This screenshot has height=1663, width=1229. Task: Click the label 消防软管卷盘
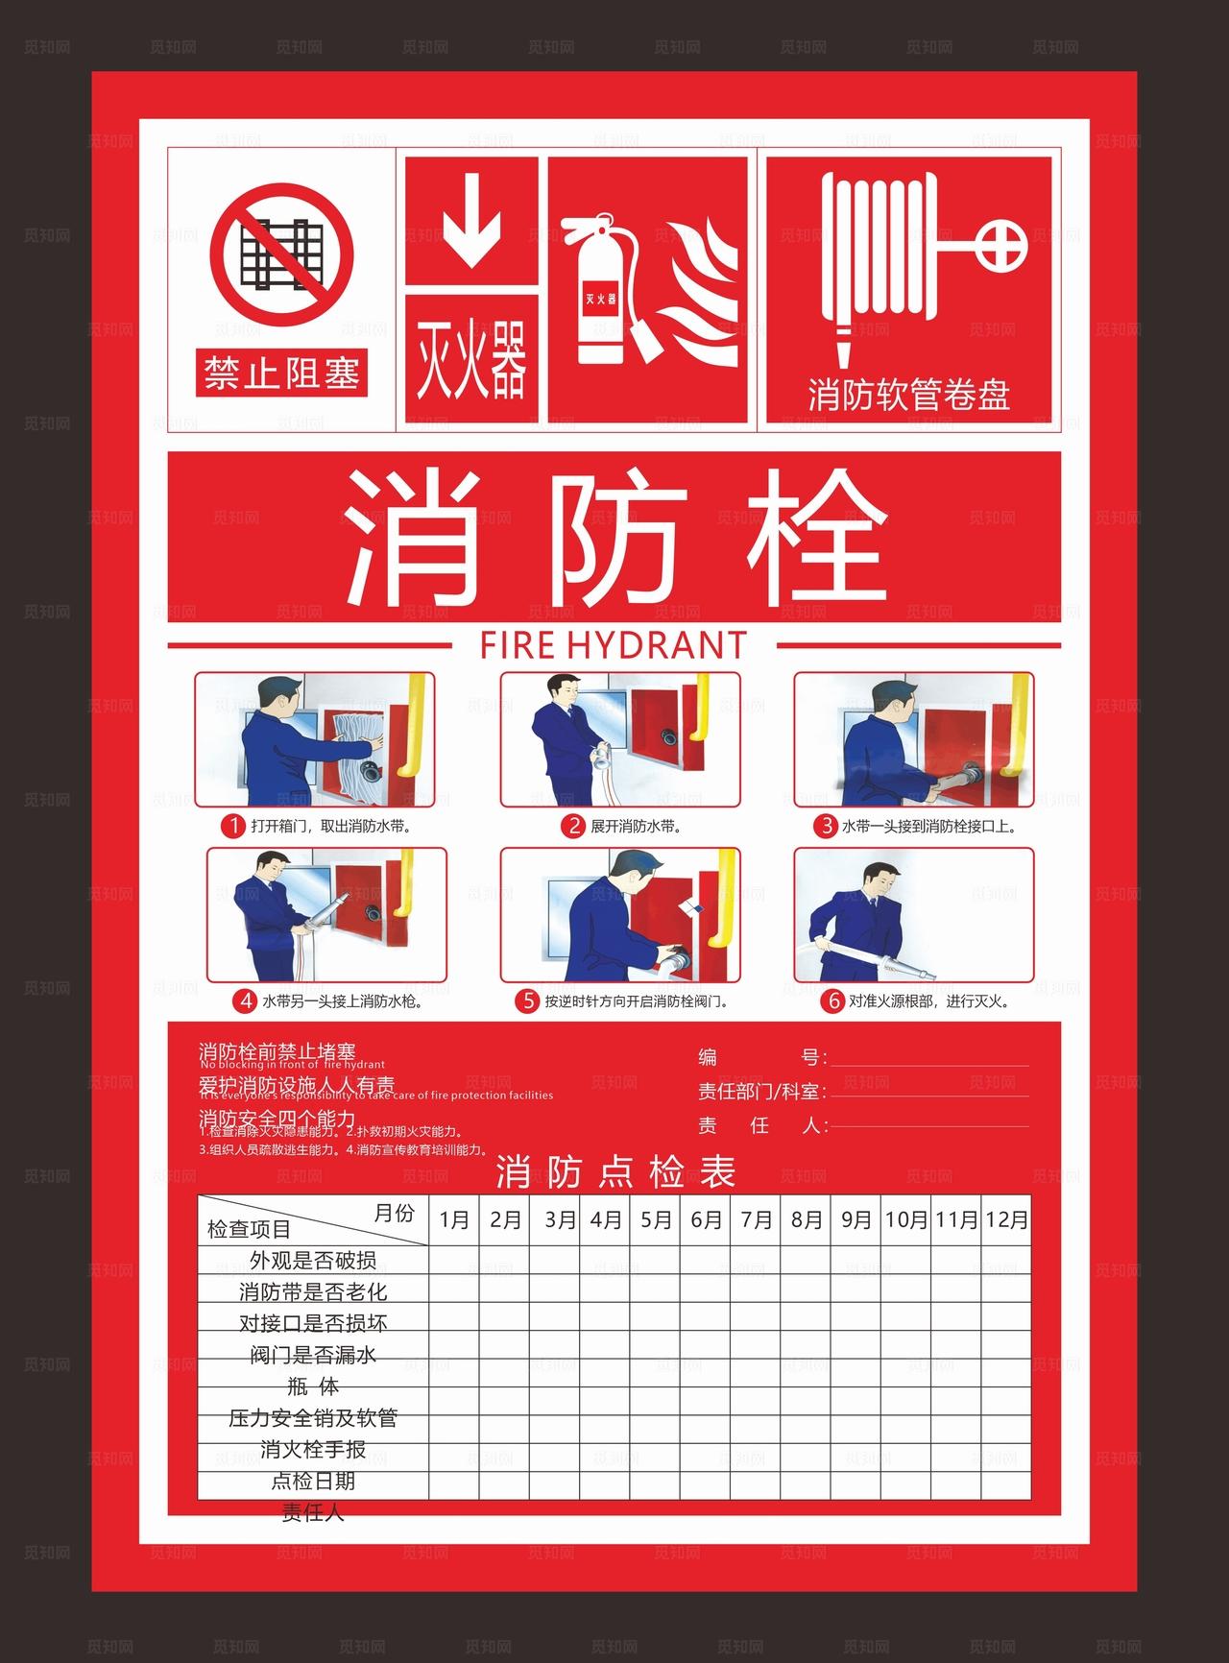908,395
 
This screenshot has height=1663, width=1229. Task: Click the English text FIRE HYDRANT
614,645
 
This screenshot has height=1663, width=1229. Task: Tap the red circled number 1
232,826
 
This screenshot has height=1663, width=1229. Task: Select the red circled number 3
825,826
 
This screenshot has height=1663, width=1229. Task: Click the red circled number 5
527,1001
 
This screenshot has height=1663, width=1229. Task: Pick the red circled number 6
831,1001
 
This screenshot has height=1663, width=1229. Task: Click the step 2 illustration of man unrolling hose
620,739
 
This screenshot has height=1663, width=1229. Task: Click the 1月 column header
454,1219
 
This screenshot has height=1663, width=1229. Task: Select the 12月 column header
1006,1219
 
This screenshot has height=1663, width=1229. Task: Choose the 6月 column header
706,1219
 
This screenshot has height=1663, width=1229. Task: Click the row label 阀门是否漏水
313,1355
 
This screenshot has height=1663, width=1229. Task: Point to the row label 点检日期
313,1481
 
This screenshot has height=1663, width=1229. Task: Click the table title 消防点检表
615,1172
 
